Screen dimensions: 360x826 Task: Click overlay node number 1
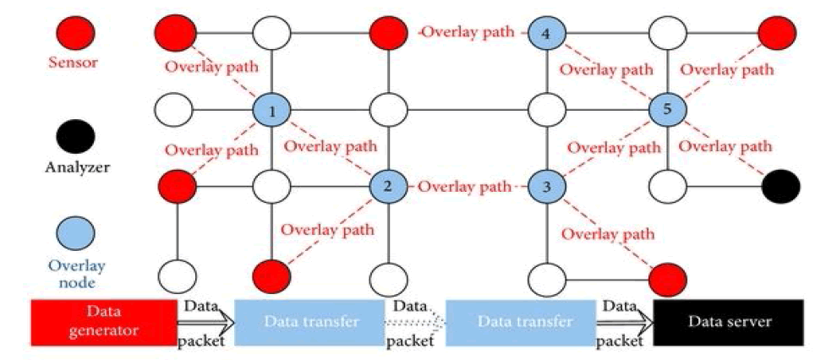[272, 111]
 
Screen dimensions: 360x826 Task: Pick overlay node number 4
[545, 35]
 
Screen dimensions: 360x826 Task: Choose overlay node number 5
[668, 110]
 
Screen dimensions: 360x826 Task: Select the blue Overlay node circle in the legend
[74, 231]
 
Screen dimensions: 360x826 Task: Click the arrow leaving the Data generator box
[203, 322]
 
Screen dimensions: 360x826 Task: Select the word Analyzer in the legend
[74, 166]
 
